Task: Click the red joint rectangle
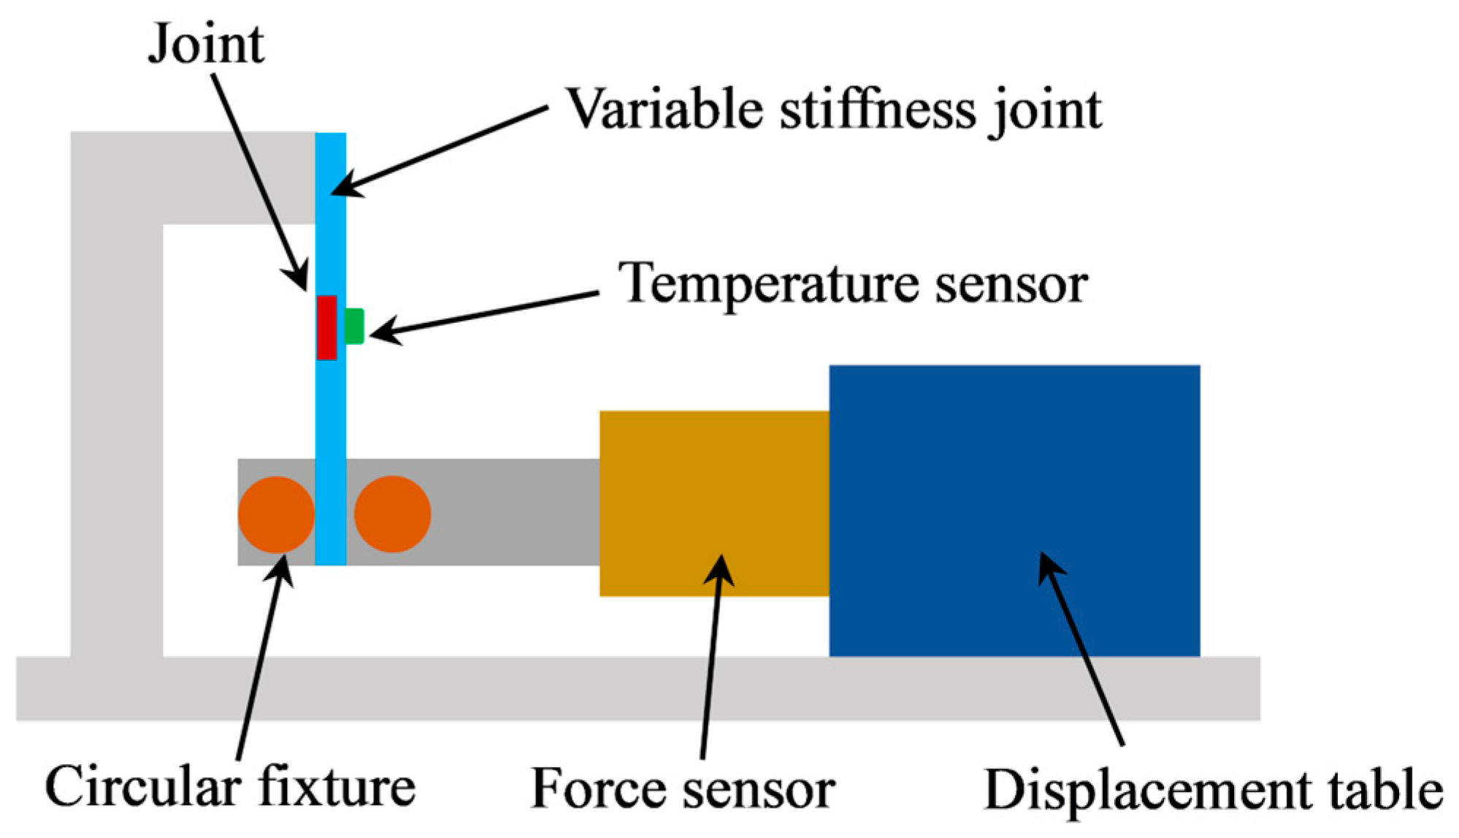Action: (326, 327)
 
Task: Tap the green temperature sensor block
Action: (354, 326)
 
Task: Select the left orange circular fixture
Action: (276, 514)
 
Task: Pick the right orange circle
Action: (393, 514)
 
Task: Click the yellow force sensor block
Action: (714, 503)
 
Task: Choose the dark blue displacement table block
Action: (1014, 511)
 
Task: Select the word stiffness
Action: (877, 110)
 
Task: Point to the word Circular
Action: (143, 788)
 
